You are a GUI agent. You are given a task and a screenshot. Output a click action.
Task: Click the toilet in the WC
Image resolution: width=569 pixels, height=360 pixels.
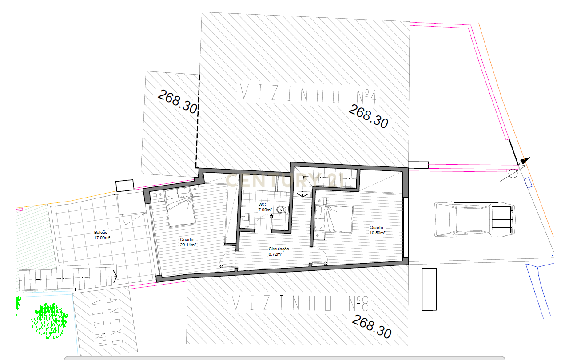tap(283, 210)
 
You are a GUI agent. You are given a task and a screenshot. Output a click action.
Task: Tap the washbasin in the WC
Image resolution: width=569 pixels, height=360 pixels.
tap(245, 217)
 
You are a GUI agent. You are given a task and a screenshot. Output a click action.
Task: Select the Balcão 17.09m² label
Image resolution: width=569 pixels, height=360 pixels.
tap(102, 235)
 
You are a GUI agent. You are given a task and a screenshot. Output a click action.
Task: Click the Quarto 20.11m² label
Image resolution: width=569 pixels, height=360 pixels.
tap(188, 242)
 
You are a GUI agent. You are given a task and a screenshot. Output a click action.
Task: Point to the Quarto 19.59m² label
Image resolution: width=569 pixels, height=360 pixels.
tap(378, 230)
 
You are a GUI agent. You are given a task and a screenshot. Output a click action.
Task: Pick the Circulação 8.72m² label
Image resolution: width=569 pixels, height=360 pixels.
tap(279, 251)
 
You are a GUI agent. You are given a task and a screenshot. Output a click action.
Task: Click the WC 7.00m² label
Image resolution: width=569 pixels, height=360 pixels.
tap(265, 207)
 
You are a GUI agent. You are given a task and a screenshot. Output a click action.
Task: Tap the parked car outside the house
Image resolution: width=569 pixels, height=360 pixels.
tap(474, 219)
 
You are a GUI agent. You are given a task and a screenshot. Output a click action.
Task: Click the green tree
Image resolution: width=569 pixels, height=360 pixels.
tap(49, 321)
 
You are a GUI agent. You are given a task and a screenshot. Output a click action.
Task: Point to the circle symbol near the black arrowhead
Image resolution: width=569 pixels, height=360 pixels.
tap(513, 174)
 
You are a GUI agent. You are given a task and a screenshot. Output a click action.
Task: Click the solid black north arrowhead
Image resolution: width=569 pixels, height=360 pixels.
tap(525, 161)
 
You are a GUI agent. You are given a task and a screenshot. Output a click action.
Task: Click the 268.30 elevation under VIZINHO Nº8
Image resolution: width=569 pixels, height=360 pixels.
tap(372, 327)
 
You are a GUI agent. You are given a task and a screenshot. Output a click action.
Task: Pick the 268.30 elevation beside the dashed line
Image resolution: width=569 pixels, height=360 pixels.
tap(178, 102)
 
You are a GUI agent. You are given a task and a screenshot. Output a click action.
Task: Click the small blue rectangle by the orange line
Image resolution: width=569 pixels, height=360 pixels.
tap(529, 182)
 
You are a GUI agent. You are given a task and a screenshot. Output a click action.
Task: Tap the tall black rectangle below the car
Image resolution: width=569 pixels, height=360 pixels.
tap(429, 289)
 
